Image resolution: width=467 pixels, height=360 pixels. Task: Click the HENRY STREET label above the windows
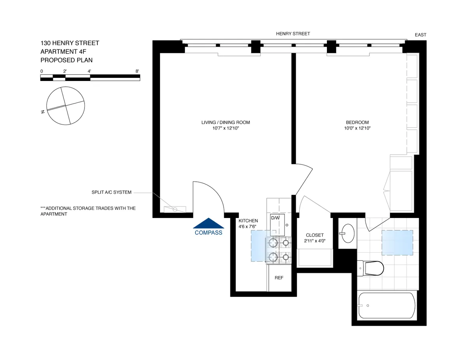[x=293, y=34]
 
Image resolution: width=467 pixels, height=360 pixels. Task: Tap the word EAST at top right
[x=420, y=35]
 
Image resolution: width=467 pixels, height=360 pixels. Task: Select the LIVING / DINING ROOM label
[x=225, y=123]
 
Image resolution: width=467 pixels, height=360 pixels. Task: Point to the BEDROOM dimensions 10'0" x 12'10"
[x=357, y=128]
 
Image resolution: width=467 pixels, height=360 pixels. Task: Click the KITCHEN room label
[x=248, y=221]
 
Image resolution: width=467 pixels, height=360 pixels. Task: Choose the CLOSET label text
[x=314, y=235]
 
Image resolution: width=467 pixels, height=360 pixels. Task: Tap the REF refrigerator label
[x=279, y=278]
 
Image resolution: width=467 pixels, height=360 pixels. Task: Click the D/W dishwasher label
[x=276, y=218]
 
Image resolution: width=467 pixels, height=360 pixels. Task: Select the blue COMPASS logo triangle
[x=209, y=223]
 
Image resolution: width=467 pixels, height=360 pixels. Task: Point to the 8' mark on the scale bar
[x=137, y=71]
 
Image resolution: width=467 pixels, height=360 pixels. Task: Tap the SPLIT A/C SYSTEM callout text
[x=111, y=192]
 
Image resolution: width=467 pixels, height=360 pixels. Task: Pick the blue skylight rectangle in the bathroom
[x=397, y=242]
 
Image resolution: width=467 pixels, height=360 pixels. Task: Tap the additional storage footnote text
[x=88, y=211]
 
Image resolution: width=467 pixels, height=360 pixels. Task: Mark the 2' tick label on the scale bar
[x=65, y=71]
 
